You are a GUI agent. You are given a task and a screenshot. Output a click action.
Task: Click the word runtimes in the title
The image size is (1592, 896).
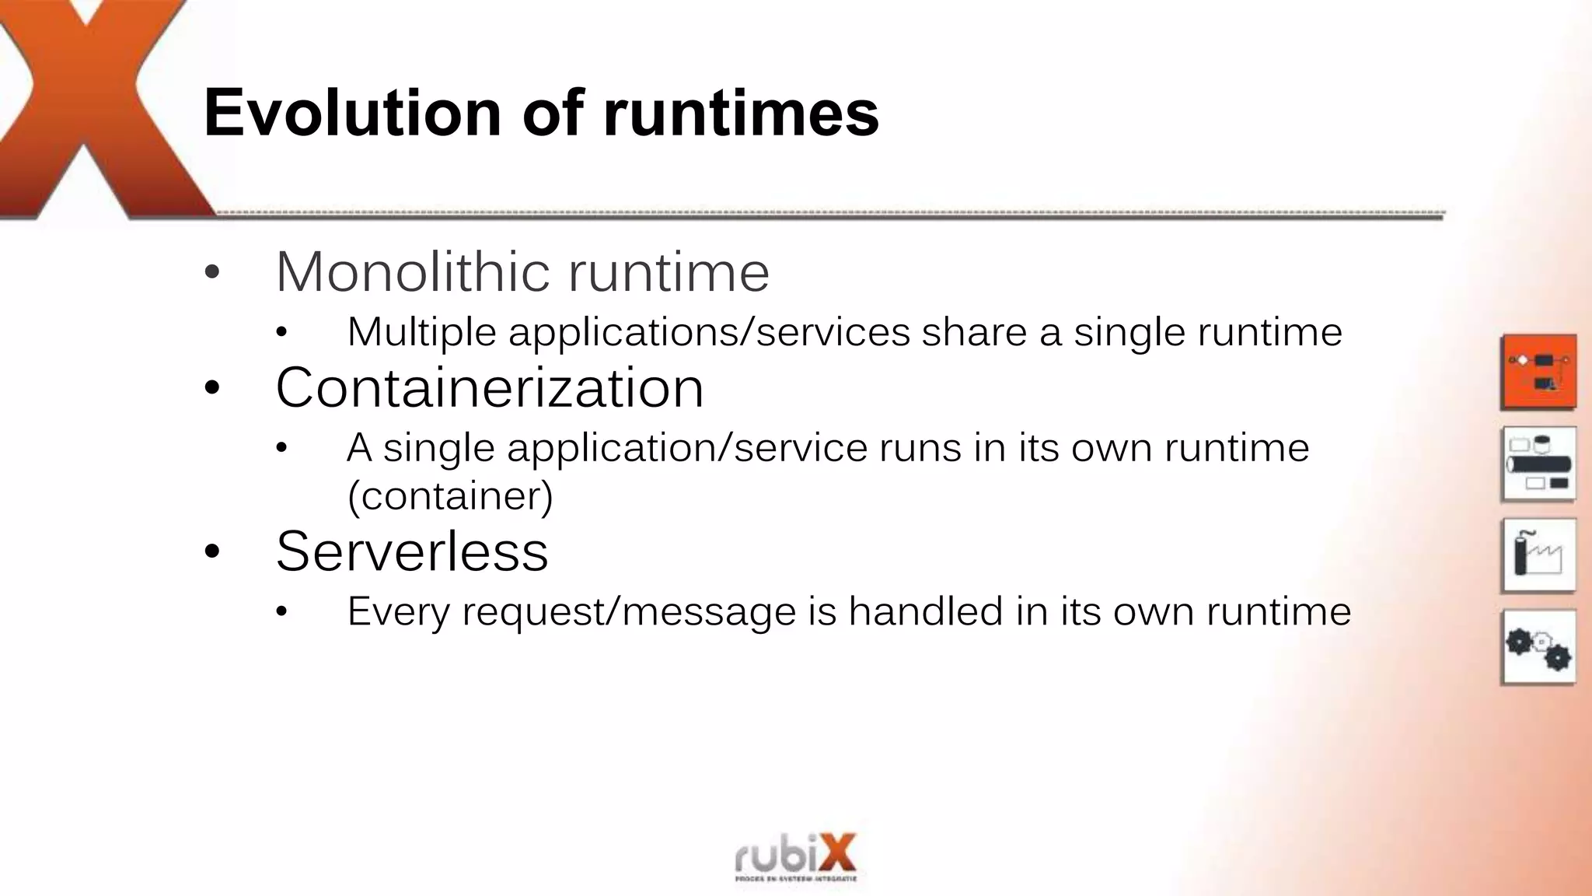coord(741,114)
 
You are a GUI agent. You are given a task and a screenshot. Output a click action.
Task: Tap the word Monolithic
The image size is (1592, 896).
coord(412,272)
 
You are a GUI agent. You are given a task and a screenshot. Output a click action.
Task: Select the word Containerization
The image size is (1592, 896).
coord(490,387)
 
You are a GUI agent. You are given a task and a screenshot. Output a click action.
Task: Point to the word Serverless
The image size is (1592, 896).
coord(412,551)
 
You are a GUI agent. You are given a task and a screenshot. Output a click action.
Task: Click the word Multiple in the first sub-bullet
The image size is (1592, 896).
coord(421,332)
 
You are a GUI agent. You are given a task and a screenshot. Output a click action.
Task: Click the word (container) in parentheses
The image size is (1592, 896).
coord(450,496)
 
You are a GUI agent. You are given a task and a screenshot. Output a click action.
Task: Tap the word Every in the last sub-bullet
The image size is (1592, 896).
coord(398,611)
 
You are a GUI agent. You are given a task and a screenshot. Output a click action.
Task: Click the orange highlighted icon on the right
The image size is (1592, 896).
coord(1538,372)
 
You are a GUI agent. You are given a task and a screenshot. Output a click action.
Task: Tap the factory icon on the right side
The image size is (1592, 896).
coord(1538,555)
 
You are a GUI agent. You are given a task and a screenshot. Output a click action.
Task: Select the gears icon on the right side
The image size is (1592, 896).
coord(1538,647)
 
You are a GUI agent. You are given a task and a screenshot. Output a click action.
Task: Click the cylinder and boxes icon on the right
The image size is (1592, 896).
coord(1538,464)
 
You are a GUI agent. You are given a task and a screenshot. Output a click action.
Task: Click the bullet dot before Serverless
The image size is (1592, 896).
coord(212,552)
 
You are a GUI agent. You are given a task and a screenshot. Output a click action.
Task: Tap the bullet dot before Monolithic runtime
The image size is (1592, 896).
coord(212,273)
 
